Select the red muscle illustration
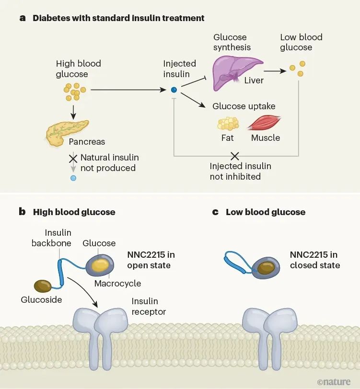pos(264,124)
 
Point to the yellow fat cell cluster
pos(228,124)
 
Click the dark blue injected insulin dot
pos(174,90)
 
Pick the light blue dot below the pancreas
pos(73,178)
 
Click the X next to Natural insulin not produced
pos(73,158)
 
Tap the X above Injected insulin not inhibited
pos(235,156)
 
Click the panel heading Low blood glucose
pos(265,212)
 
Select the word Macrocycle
pos(117,283)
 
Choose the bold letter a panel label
pos(22,18)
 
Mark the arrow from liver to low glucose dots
pos(276,70)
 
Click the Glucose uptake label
pos(244,106)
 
